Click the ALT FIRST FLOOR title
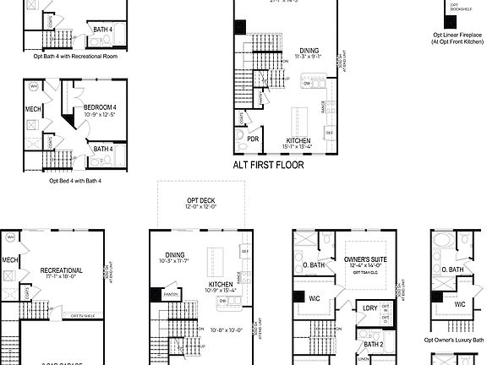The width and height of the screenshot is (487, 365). pyautogui.click(x=268, y=166)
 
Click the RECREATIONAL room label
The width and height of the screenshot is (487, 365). pyautogui.click(x=62, y=271)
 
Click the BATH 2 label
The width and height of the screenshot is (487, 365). pyautogui.click(x=373, y=345)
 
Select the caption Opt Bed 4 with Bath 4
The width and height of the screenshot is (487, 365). pyautogui.click(x=75, y=180)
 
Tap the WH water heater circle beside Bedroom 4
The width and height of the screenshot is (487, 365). pyautogui.click(x=33, y=87)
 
